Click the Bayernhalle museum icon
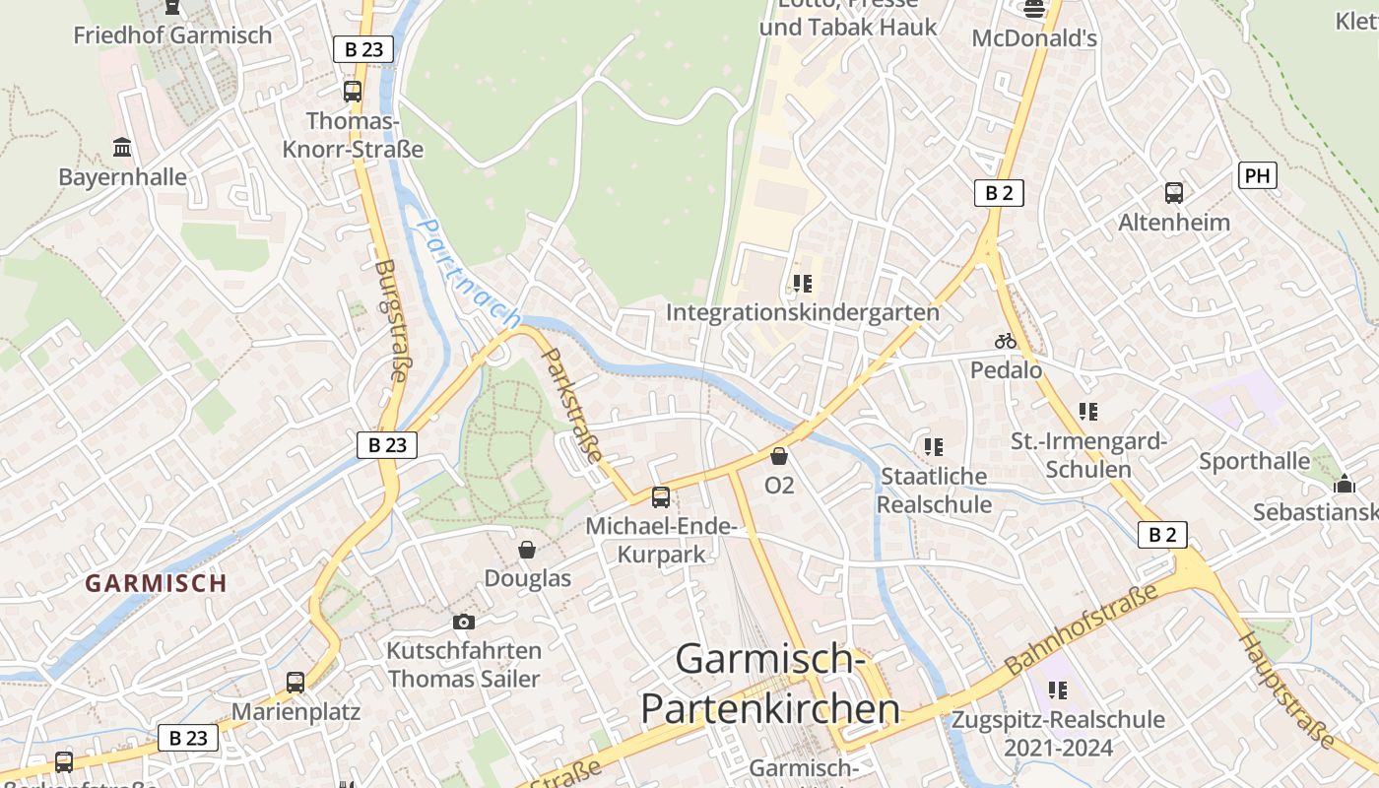tap(122, 148)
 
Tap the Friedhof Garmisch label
tap(172, 35)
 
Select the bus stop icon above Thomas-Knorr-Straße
tap(353, 92)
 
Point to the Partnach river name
tap(468, 273)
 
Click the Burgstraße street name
tap(392, 321)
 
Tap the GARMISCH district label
tap(156, 582)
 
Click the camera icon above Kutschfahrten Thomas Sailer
tap(463, 622)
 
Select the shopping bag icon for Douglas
tap(528, 550)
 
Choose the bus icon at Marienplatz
tap(295, 682)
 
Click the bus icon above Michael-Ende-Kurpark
tap(660, 497)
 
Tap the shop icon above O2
tap(779, 456)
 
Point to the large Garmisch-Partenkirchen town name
tap(770, 683)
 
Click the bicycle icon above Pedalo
tap(1006, 341)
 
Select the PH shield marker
tap(1257, 176)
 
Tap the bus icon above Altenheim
tap(1173, 193)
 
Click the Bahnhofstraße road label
tap(1082, 629)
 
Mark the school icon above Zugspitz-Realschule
tap(1058, 690)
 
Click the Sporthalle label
tap(1254, 461)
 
